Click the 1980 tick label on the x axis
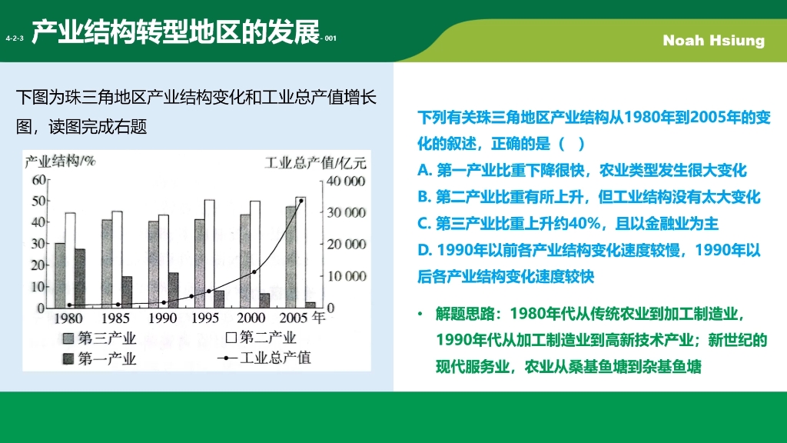(x=68, y=317)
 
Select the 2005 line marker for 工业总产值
(x=301, y=201)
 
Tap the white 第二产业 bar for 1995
(x=209, y=253)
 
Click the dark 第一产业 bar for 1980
(x=80, y=278)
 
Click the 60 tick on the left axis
(x=38, y=180)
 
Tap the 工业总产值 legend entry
(x=265, y=358)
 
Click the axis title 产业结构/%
(x=59, y=162)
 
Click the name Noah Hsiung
(x=713, y=41)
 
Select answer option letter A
(x=423, y=171)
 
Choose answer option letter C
(x=423, y=223)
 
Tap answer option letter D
(x=423, y=250)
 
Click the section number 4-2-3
(x=15, y=38)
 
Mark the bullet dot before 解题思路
(x=420, y=315)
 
